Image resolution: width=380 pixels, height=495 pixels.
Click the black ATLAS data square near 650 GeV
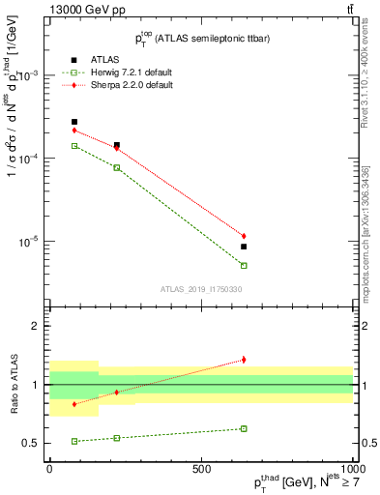pyautogui.click(x=244, y=247)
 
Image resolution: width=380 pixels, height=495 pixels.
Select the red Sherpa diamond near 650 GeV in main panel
pyautogui.click(x=244, y=236)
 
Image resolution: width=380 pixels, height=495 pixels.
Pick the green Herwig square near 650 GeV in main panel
pyautogui.click(x=244, y=265)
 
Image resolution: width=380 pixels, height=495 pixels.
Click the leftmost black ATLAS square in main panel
pyautogui.click(x=74, y=122)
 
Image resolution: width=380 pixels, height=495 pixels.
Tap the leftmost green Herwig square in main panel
pyautogui.click(x=74, y=146)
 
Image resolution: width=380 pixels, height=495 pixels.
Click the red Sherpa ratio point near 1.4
pyautogui.click(x=244, y=360)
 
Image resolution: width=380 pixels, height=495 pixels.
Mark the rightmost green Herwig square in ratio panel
pyautogui.click(x=244, y=428)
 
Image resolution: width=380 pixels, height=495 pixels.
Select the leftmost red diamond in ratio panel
pyautogui.click(x=74, y=404)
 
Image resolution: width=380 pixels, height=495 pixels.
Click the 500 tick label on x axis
pyautogui.click(x=201, y=467)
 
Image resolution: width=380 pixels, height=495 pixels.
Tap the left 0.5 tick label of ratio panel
pyautogui.click(x=37, y=443)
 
